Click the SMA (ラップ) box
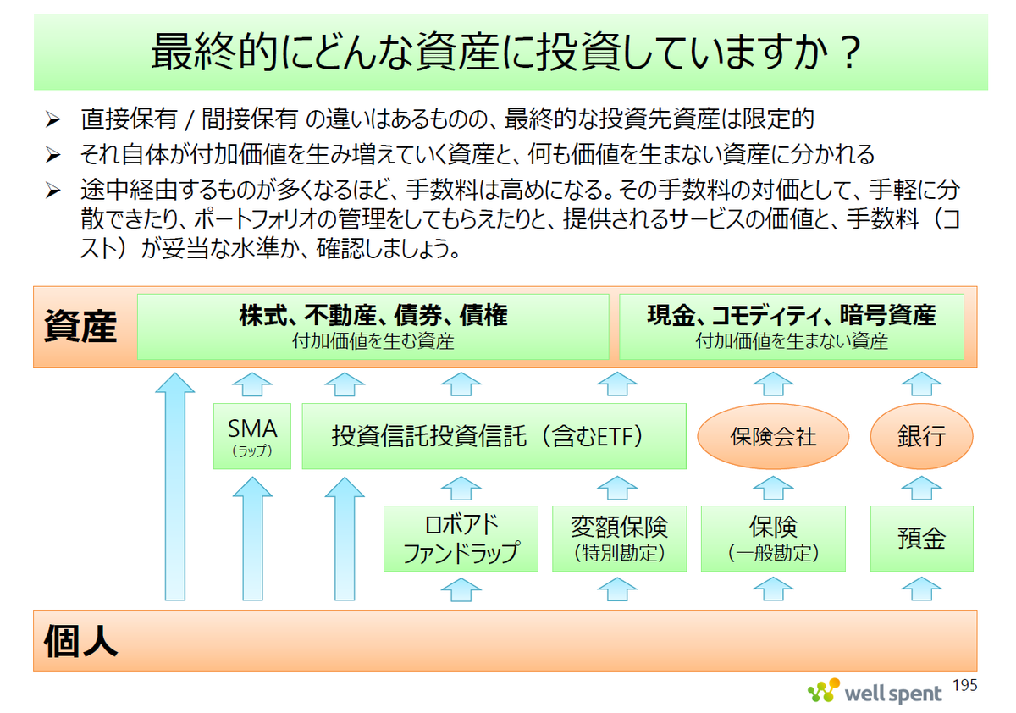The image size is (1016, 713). click(x=252, y=436)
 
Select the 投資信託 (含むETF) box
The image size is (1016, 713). click(x=494, y=436)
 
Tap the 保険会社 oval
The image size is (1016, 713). click(x=773, y=436)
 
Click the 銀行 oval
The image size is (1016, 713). click(x=922, y=436)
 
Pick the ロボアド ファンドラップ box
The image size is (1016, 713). click(x=461, y=539)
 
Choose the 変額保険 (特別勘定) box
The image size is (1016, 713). click(x=620, y=539)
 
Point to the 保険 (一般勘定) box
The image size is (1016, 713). click(x=773, y=539)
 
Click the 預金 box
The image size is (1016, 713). click(x=922, y=539)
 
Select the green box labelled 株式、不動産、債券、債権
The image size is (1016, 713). click(x=373, y=327)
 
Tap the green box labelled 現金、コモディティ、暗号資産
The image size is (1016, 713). click(x=792, y=327)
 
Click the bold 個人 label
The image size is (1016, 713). click(x=80, y=641)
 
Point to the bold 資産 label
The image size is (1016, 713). click(x=80, y=326)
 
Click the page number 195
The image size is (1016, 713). click(x=964, y=685)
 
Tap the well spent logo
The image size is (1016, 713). click(x=875, y=692)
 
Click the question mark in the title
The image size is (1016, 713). click(x=849, y=53)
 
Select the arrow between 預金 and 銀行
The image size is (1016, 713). click(x=922, y=488)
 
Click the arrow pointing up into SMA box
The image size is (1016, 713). click(x=252, y=539)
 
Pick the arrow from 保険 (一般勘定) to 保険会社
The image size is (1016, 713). click(x=773, y=488)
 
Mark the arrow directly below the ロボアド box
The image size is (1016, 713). click(x=461, y=589)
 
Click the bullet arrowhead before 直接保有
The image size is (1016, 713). click(x=53, y=119)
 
